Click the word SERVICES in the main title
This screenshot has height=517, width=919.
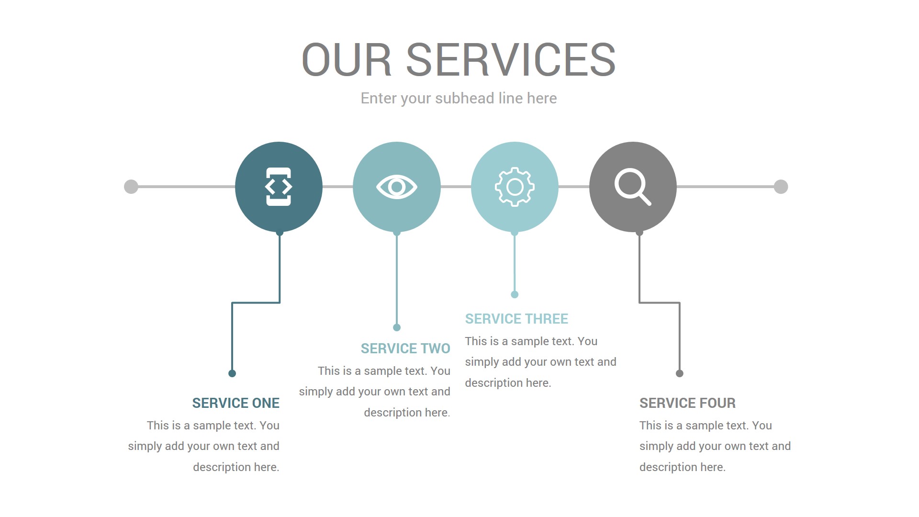tap(510, 60)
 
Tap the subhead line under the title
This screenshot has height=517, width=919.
tap(459, 98)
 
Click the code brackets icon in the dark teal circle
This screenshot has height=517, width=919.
tap(279, 187)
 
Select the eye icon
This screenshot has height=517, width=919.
tap(396, 187)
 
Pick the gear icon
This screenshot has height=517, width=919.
tap(515, 187)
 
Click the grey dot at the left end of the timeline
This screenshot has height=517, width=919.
tap(131, 187)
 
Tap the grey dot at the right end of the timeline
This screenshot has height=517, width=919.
tap(781, 187)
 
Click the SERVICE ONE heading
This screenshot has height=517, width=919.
tap(235, 403)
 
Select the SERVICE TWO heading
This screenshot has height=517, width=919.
tap(405, 348)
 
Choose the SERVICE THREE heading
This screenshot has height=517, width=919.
tap(516, 319)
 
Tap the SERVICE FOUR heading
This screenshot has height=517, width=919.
tap(687, 403)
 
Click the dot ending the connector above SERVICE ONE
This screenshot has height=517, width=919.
tap(232, 373)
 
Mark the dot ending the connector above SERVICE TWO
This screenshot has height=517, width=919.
tap(396, 327)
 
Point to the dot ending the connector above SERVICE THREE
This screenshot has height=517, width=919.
tap(515, 294)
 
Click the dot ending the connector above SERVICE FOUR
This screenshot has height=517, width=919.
tap(679, 373)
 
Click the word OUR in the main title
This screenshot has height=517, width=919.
tap(346, 60)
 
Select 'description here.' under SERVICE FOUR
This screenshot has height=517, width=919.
tap(683, 467)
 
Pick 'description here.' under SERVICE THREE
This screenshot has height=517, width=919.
tap(508, 383)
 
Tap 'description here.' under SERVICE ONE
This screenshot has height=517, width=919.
tap(236, 467)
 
